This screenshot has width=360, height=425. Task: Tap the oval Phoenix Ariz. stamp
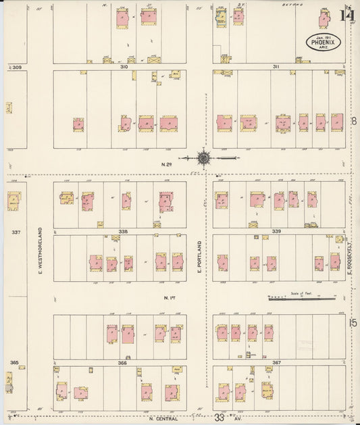pos(326,42)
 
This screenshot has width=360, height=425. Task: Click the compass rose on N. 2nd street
pos(204,158)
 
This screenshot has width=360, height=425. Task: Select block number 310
pos(124,67)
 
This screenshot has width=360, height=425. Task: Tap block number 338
pos(123,231)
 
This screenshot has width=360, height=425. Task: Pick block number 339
pos(276,231)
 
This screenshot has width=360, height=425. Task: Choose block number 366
pos(122,362)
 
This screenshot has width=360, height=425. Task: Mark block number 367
pos(276,362)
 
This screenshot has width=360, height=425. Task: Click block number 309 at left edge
pos(16,68)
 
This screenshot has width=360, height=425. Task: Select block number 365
pos(14,363)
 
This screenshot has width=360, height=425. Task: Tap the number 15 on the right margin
pos(353,324)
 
